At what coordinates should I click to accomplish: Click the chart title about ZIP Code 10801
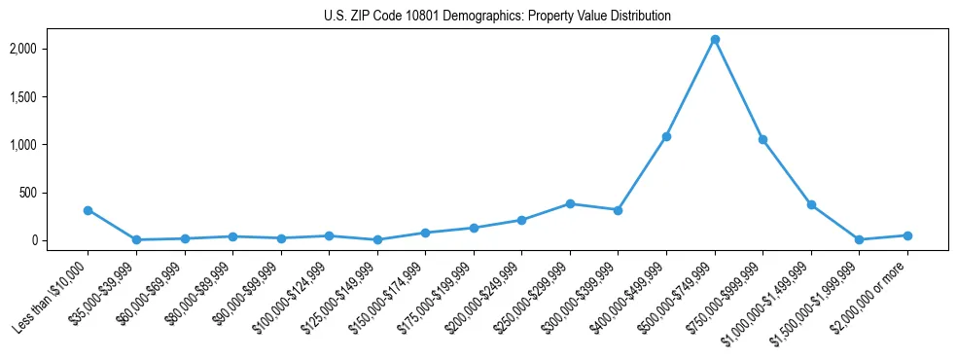point(497,17)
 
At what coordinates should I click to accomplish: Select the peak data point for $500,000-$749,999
point(715,40)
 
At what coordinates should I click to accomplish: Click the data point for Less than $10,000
point(88,210)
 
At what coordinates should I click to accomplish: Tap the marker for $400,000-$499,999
point(666,136)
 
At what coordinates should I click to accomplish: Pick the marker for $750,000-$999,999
point(762,140)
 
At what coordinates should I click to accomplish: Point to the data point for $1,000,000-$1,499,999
point(811,204)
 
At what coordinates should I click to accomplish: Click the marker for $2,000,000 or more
point(907,235)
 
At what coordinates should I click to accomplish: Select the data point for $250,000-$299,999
point(570,203)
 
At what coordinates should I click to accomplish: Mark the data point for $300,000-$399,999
point(618,210)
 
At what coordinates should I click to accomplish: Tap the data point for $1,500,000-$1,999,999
point(859,239)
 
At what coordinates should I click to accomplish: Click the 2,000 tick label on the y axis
point(51,49)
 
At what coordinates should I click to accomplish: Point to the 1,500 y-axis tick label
point(51,97)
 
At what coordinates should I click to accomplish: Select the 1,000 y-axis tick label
point(51,145)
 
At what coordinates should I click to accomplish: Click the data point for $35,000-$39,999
point(136,239)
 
